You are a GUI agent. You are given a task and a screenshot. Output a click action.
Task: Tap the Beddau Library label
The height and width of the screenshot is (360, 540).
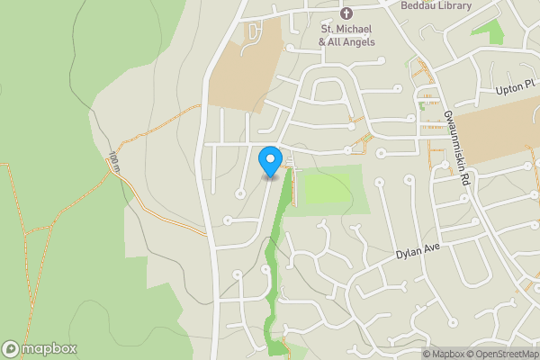pyautogui.click(x=436, y=5)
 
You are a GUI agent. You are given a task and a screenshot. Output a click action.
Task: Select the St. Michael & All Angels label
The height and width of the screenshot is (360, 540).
pyautogui.click(x=346, y=35)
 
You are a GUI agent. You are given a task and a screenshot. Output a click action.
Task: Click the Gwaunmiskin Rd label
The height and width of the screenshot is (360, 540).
pyautogui.click(x=456, y=148)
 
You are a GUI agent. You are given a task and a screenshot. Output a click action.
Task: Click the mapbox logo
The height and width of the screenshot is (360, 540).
pyautogui.click(x=39, y=349)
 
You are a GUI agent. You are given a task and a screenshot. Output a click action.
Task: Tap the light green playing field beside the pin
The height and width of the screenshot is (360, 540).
pyautogui.click(x=329, y=190)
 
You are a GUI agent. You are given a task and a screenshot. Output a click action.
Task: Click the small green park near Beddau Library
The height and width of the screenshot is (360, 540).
pyautogui.click(x=487, y=32)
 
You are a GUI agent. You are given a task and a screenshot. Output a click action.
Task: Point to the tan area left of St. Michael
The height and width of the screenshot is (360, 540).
pyautogui.click(x=245, y=76)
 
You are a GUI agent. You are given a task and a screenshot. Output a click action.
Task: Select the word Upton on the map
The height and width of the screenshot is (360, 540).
pyautogui.click(x=508, y=91)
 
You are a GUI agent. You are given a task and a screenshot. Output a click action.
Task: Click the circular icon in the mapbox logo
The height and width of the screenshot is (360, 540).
pyautogui.click(x=11, y=349)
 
